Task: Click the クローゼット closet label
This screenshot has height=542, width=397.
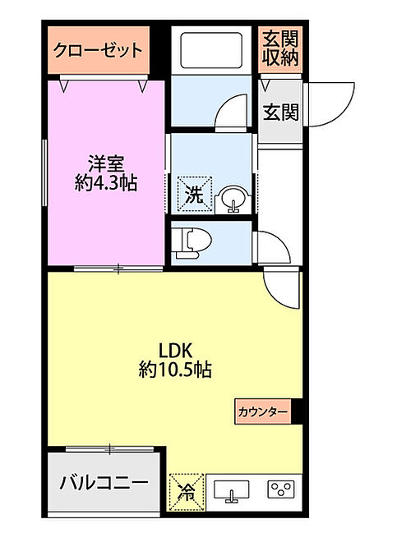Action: [x=98, y=51]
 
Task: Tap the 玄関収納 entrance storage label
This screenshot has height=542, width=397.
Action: [x=280, y=48]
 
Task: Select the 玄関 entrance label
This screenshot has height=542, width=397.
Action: [x=281, y=112]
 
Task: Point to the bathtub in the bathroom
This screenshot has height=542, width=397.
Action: [x=211, y=50]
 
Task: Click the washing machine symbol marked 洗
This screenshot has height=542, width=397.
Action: [x=195, y=195]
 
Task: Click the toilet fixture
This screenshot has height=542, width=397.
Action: [x=193, y=243]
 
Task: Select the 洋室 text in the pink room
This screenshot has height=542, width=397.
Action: [x=105, y=164]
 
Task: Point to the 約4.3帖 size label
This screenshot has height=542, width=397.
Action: [x=106, y=183]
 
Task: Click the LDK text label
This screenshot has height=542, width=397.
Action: [x=175, y=351]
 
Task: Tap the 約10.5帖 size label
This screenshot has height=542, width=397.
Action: [x=175, y=370]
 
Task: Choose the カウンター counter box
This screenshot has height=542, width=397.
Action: [x=263, y=411]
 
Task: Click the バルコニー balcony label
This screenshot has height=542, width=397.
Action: [x=104, y=483]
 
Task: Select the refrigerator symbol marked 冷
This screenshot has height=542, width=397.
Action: [x=187, y=492]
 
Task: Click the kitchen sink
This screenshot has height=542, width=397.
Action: [x=231, y=491]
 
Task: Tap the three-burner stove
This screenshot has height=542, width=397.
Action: [x=281, y=489]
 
